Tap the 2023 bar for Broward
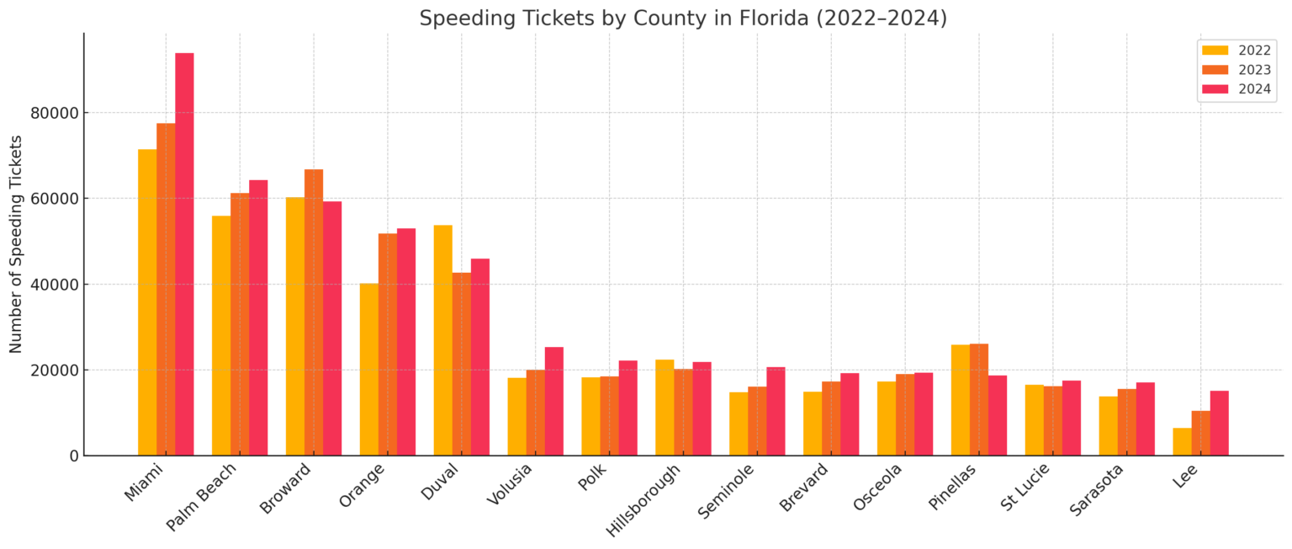click(x=314, y=312)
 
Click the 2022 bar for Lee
click(x=1182, y=441)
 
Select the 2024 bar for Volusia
click(x=553, y=401)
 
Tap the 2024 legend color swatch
click(x=1215, y=89)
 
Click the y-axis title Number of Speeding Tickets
click(x=16, y=243)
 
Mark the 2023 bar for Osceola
click(x=905, y=414)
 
